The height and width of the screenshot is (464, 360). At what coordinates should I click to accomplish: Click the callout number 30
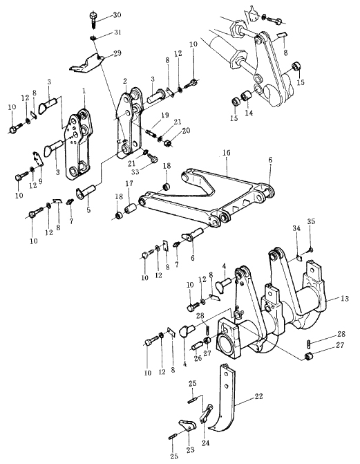[x=117, y=15]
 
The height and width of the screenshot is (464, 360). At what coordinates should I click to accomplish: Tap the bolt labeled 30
[x=93, y=19]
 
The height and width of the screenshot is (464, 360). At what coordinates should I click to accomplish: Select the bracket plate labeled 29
[x=86, y=64]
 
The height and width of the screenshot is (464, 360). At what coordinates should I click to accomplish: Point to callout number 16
[x=226, y=153]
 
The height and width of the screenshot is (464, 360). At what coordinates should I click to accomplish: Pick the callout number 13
[x=345, y=299]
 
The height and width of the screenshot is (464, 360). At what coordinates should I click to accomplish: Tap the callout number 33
[x=135, y=171]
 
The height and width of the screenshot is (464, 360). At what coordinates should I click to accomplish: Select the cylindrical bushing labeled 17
[x=131, y=207]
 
